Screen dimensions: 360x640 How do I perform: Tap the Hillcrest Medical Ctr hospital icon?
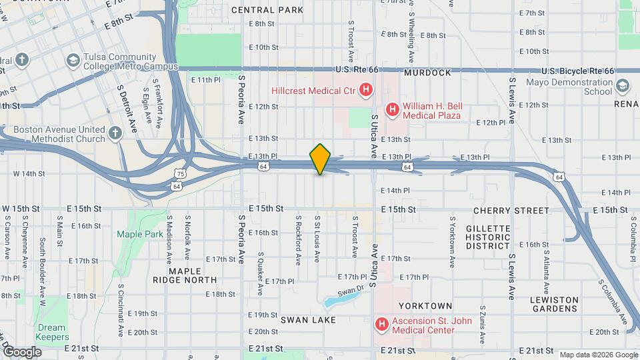[365, 89]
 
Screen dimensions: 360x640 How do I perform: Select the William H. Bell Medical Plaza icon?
[393, 109]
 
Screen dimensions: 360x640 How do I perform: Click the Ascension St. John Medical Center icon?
[382, 325]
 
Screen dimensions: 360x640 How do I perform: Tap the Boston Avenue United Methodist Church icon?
[115, 133]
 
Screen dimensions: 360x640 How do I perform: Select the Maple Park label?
[139, 234]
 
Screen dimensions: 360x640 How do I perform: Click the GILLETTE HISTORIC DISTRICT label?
[488, 237]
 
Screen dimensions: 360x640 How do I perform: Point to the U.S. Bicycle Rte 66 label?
[577, 71]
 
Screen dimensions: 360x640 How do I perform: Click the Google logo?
[21, 351]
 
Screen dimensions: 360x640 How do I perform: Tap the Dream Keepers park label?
[51, 332]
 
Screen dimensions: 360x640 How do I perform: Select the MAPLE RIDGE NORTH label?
[193, 275]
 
